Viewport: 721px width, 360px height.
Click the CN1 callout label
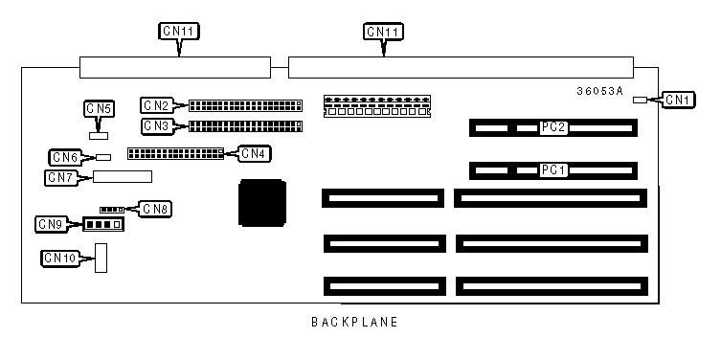pyautogui.click(x=678, y=100)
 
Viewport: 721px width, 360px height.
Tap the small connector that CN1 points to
pyautogui.click(x=640, y=100)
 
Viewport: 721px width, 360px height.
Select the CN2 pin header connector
pyautogui.click(x=245, y=105)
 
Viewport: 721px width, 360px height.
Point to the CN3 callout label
pyautogui.click(x=158, y=126)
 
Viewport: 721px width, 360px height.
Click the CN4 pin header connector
pyautogui.click(x=175, y=153)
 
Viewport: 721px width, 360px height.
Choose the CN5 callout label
pyautogui.click(x=99, y=108)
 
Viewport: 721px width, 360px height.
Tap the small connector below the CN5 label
pyautogui.click(x=99, y=136)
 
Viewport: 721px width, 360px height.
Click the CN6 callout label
pyautogui.click(x=65, y=157)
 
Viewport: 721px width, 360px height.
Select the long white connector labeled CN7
pyautogui.click(x=123, y=176)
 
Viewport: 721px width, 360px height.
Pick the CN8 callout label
pyautogui.click(x=155, y=209)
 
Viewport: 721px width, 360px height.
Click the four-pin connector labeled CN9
pyautogui.click(x=104, y=224)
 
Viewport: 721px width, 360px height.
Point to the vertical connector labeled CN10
pyautogui.click(x=101, y=258)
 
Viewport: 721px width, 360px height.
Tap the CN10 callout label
pyautogui.click(x=60, y=258)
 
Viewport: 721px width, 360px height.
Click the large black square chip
pyautogui.click(x=262, y=203)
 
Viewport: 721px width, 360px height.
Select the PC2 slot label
pyautogui.click(x=553, y=127)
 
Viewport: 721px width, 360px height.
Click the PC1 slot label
pyautogui.click(x=553, y=170)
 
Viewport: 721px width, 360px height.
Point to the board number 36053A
pyautogui.click(x=600, y=92)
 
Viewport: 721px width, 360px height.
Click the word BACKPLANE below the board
pyautogui.click(x=354, y=322)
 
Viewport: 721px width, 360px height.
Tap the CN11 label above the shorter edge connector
pyautogui.click(x=179, y=32)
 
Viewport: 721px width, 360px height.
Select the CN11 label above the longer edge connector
pyautogui.click(x=384, y=32)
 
